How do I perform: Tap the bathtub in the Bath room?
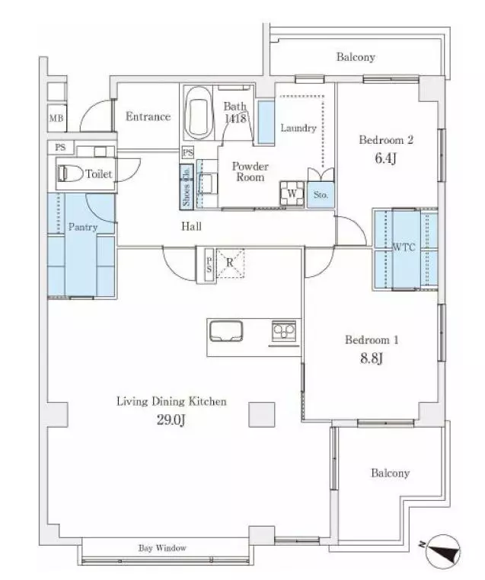(x=199, y=114)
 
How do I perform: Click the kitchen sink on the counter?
(x=225, y=332)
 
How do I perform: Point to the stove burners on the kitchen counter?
(x=285, y=332)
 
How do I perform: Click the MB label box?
(x=56, y=118)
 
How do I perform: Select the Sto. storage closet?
(x=321, y=195)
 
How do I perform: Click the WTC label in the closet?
(x=404, y=247)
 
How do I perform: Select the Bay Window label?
(x=162, y=548)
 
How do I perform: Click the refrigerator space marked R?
(x=229, y=263)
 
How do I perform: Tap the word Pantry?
(x=81, y=227)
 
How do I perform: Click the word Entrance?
(x=148, y=116)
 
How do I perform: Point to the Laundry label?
(x=298, y=128)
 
